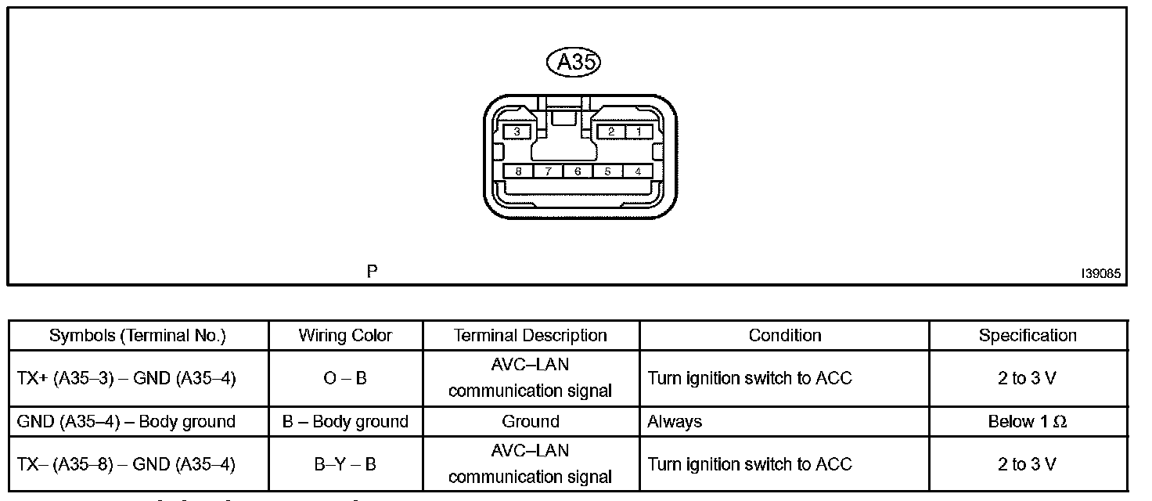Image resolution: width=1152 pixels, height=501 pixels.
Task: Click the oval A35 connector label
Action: pyautogui.click(x=577, y=63)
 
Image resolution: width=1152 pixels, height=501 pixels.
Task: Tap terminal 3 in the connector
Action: pyautogui.click(x=517, y=132)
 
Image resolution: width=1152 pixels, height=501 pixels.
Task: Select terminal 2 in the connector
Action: pyautogui.click(x=611, y=132)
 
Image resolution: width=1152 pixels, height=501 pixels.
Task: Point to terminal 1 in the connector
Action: pyautogui.click(x=639, y=132)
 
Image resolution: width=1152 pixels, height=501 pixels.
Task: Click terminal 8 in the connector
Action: pyautogui.click(x=518, y=171)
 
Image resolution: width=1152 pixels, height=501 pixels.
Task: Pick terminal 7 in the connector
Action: pyautogui.click(x=548, y=171)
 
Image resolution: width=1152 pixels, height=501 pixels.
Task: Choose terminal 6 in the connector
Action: pyautogui.click(x=578, y=171)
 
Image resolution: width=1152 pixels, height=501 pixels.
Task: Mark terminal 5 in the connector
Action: pyautogui.click(x=607, y=171)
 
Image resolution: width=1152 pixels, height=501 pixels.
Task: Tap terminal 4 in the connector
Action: pyautogui.click(x=638, y=171)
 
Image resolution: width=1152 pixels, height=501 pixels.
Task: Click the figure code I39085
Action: pyautogui.click(x=1100, y=274)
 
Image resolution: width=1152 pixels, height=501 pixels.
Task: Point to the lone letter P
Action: pyautogui.click(x=373, y=272)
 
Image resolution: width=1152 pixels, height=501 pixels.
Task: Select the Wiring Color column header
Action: pyautogui.click(x=345, y=336)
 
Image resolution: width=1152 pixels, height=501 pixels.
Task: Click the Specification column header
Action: pyautogui.click(x=1028, y=336)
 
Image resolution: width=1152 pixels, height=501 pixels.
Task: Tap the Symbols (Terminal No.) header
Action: pyautogui.click(x=138, y=336)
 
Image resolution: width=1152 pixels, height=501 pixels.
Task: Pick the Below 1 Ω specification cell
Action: pyautogui.click(x=1028, y=422)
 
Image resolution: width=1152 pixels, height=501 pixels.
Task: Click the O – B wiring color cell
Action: pyautogui.click(x=345, y=379)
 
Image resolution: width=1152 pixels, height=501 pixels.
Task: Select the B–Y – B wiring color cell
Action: pyautogui.click(x=345, y=465)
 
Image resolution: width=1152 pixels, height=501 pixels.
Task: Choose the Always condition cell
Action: pyautogui.click(x=675, y=422)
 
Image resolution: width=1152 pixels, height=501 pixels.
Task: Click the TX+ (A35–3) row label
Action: pyautogui.click(x=126, y=379)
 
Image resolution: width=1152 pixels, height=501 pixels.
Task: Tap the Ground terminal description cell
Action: pyautogui.click(x=531, y=422)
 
